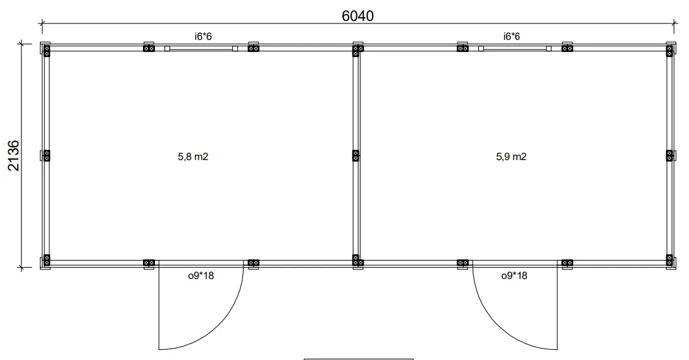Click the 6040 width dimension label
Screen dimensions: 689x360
coord(357,16)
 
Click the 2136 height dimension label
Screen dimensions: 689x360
coord(14,156)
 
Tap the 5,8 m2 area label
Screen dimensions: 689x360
coord(193,156)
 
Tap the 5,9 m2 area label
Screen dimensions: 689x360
coord(511,156)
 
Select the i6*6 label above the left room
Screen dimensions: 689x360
coord(203,37)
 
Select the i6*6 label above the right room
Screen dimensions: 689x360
coord(511,37)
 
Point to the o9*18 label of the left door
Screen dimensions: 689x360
coord(201,276)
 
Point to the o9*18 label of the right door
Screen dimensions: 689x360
coord(514,276)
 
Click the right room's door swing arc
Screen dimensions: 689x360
coord(497,325)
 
